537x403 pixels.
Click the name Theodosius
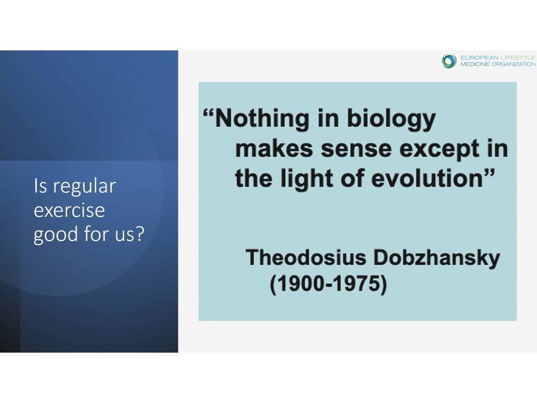pos(306,257)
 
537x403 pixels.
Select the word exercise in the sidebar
pos(69,210)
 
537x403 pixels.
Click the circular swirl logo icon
pos(449,61)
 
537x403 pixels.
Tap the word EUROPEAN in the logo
pos(479,58)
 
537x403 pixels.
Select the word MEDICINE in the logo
pos(475,64)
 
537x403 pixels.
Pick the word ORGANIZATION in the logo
pos(514,64)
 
